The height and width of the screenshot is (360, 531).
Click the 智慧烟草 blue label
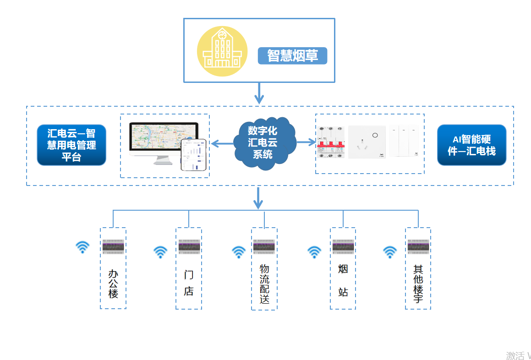tap(292, 56)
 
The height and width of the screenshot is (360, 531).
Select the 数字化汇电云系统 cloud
tap(263, 142)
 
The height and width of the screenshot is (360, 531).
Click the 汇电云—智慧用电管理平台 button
tap(71, 145)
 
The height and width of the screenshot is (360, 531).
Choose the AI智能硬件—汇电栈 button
tap(471, 145)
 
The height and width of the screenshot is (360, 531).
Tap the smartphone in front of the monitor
tap(193, 155)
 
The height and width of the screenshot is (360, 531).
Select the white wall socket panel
tap(367, 142)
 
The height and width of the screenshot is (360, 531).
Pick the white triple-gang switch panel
tap(405, 142)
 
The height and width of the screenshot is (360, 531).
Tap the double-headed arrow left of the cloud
tap(222, 144)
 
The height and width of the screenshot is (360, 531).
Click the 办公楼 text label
tap(113, 284)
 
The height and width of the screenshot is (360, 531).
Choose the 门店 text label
tap(189, 283)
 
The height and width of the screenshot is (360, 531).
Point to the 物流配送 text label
tap(264, 284)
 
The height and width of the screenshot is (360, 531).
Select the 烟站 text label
tap(343, 280)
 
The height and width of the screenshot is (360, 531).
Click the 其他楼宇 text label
tap(418, 284)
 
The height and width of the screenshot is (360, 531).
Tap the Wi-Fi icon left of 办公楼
tap(82, 247)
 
